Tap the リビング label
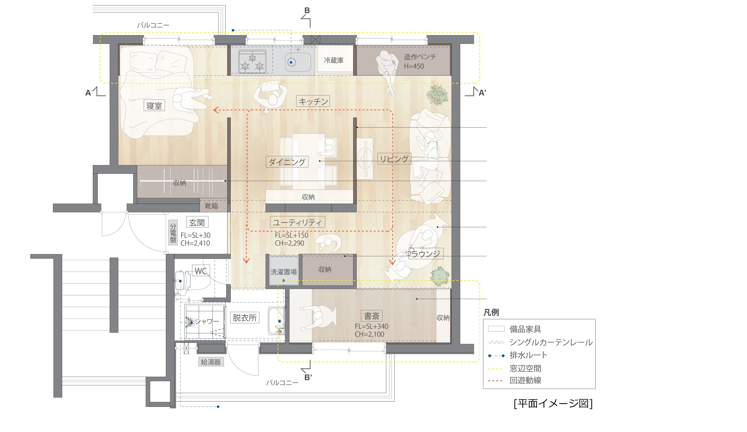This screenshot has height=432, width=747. pos(394,159)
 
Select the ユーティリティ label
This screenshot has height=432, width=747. pos(297,222)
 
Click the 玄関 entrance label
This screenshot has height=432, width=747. pos(197,222)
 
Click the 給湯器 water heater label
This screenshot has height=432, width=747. pos(211,362)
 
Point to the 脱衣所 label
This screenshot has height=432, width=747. pos(245,318)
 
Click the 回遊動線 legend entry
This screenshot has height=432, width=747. pos(525,381)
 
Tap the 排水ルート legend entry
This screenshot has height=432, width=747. pos(528,355)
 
